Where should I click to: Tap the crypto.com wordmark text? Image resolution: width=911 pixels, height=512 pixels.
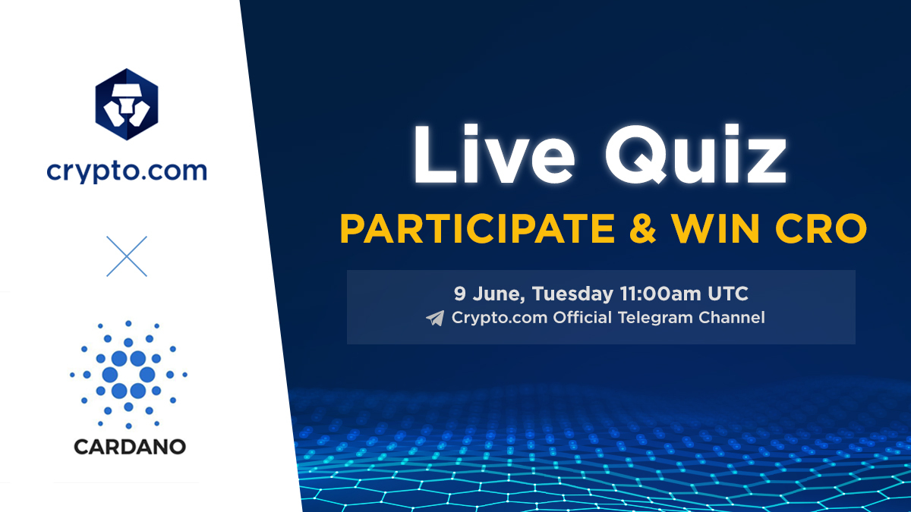[x=126, y=171]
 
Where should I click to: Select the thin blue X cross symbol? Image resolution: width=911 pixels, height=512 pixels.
[x=127, y=256]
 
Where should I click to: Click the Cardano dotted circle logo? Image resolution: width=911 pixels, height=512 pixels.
[x=128, y=374]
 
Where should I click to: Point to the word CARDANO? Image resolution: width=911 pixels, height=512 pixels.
[x=129, y=447]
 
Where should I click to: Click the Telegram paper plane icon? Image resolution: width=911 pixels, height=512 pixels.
[x=435, y=319]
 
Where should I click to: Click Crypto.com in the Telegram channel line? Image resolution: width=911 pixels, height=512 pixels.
[x=500, y=318]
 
